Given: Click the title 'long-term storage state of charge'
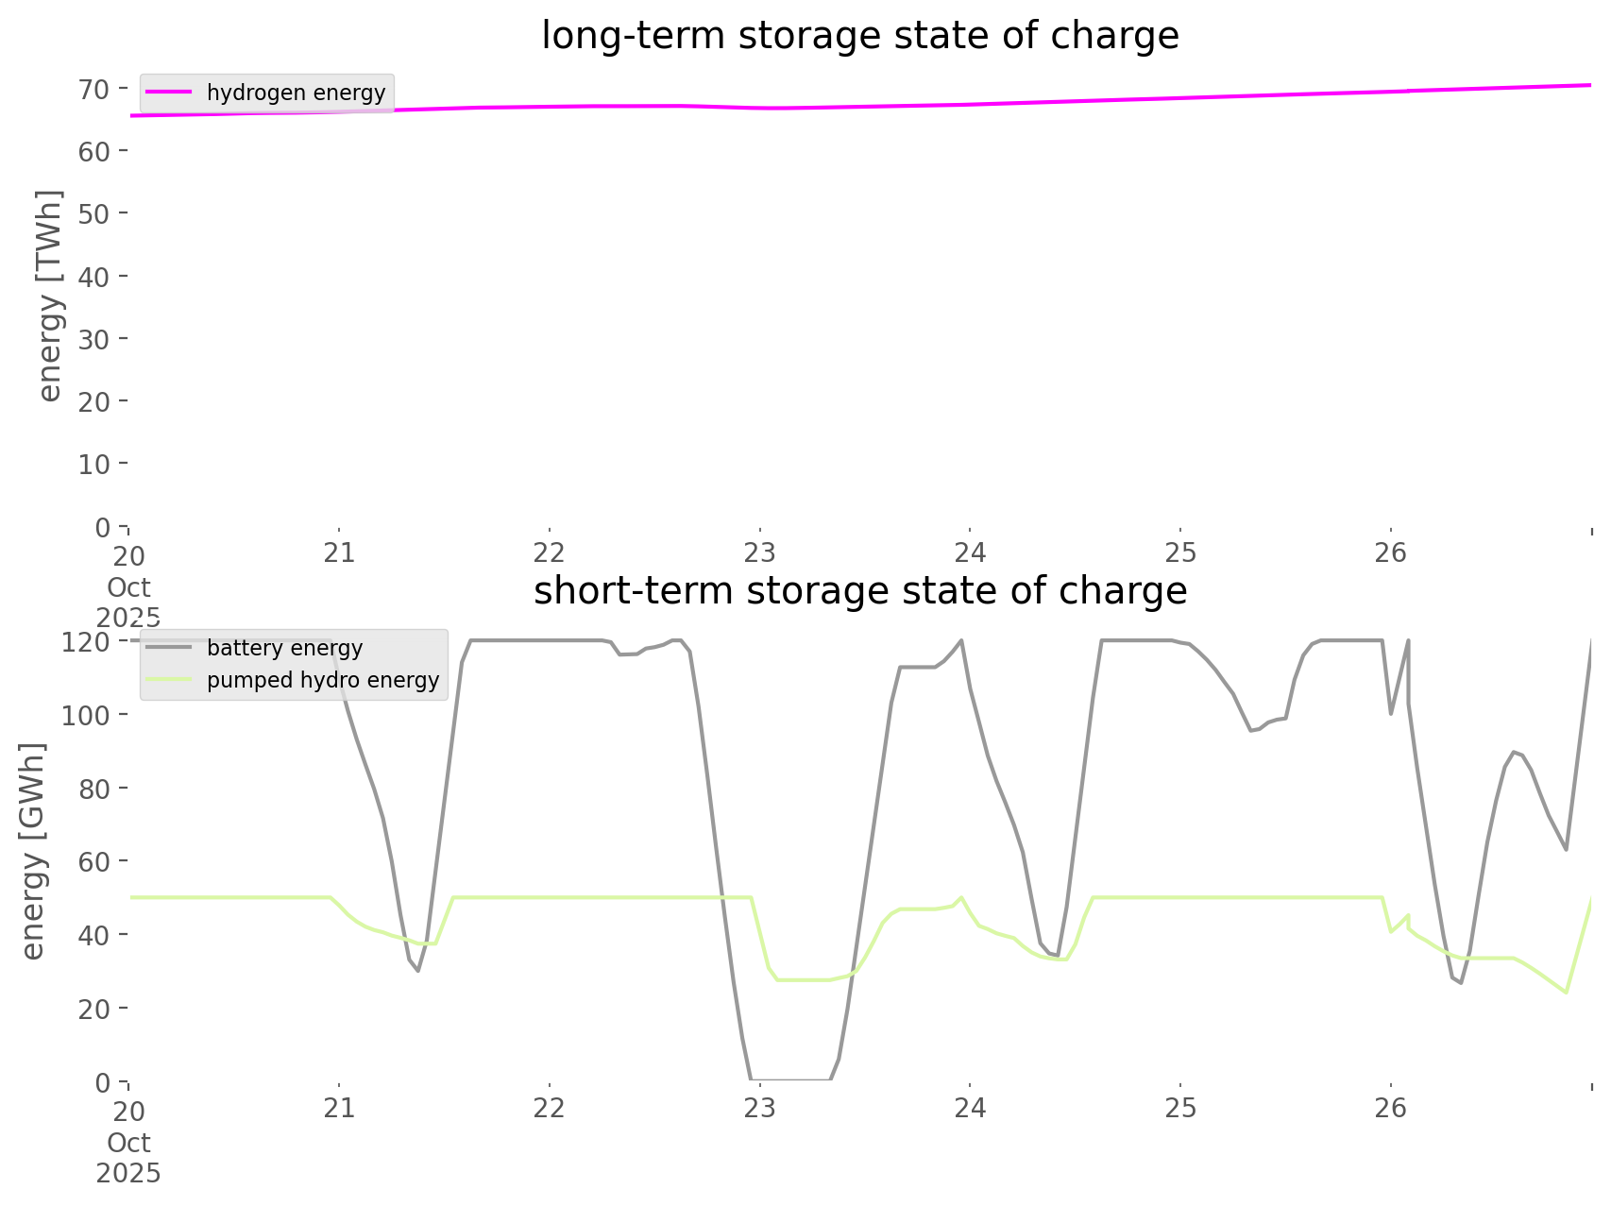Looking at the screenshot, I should [859, 36].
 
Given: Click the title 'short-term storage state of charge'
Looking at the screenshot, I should [859, 591].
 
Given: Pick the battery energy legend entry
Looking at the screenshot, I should [284, 648].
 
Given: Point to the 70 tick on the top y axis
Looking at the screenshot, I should [94, 89].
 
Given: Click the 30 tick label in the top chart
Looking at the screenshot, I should [94, 339].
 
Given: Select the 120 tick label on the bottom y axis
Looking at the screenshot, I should [87, 642].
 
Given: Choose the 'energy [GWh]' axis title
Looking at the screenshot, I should [33, 851].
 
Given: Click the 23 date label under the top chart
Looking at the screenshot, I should [759, 553].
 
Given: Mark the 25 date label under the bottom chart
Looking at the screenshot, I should [1180, 1109].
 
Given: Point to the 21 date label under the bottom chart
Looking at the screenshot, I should [339, 1109].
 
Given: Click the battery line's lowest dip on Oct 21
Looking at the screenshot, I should [417, 971].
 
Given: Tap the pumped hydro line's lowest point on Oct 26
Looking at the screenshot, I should [1566, 993].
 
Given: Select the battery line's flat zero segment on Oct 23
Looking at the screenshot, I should [790, 1079].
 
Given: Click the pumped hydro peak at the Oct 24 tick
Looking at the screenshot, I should [960, 897].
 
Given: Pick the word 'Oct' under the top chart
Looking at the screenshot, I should [128, 587].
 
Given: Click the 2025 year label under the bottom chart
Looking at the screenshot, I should [128, 1173].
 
